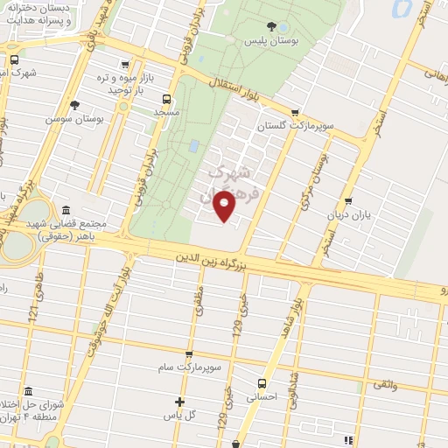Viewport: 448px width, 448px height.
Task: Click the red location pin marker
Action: [226, 206]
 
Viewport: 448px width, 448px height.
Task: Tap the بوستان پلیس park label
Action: [267, 40]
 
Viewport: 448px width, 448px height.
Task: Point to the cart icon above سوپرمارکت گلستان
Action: [295, 112]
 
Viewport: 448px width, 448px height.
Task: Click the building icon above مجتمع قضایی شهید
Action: [66, 210]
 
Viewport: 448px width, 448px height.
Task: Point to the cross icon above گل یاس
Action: [179, 402]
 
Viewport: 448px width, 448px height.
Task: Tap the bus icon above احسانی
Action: [261, 383]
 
